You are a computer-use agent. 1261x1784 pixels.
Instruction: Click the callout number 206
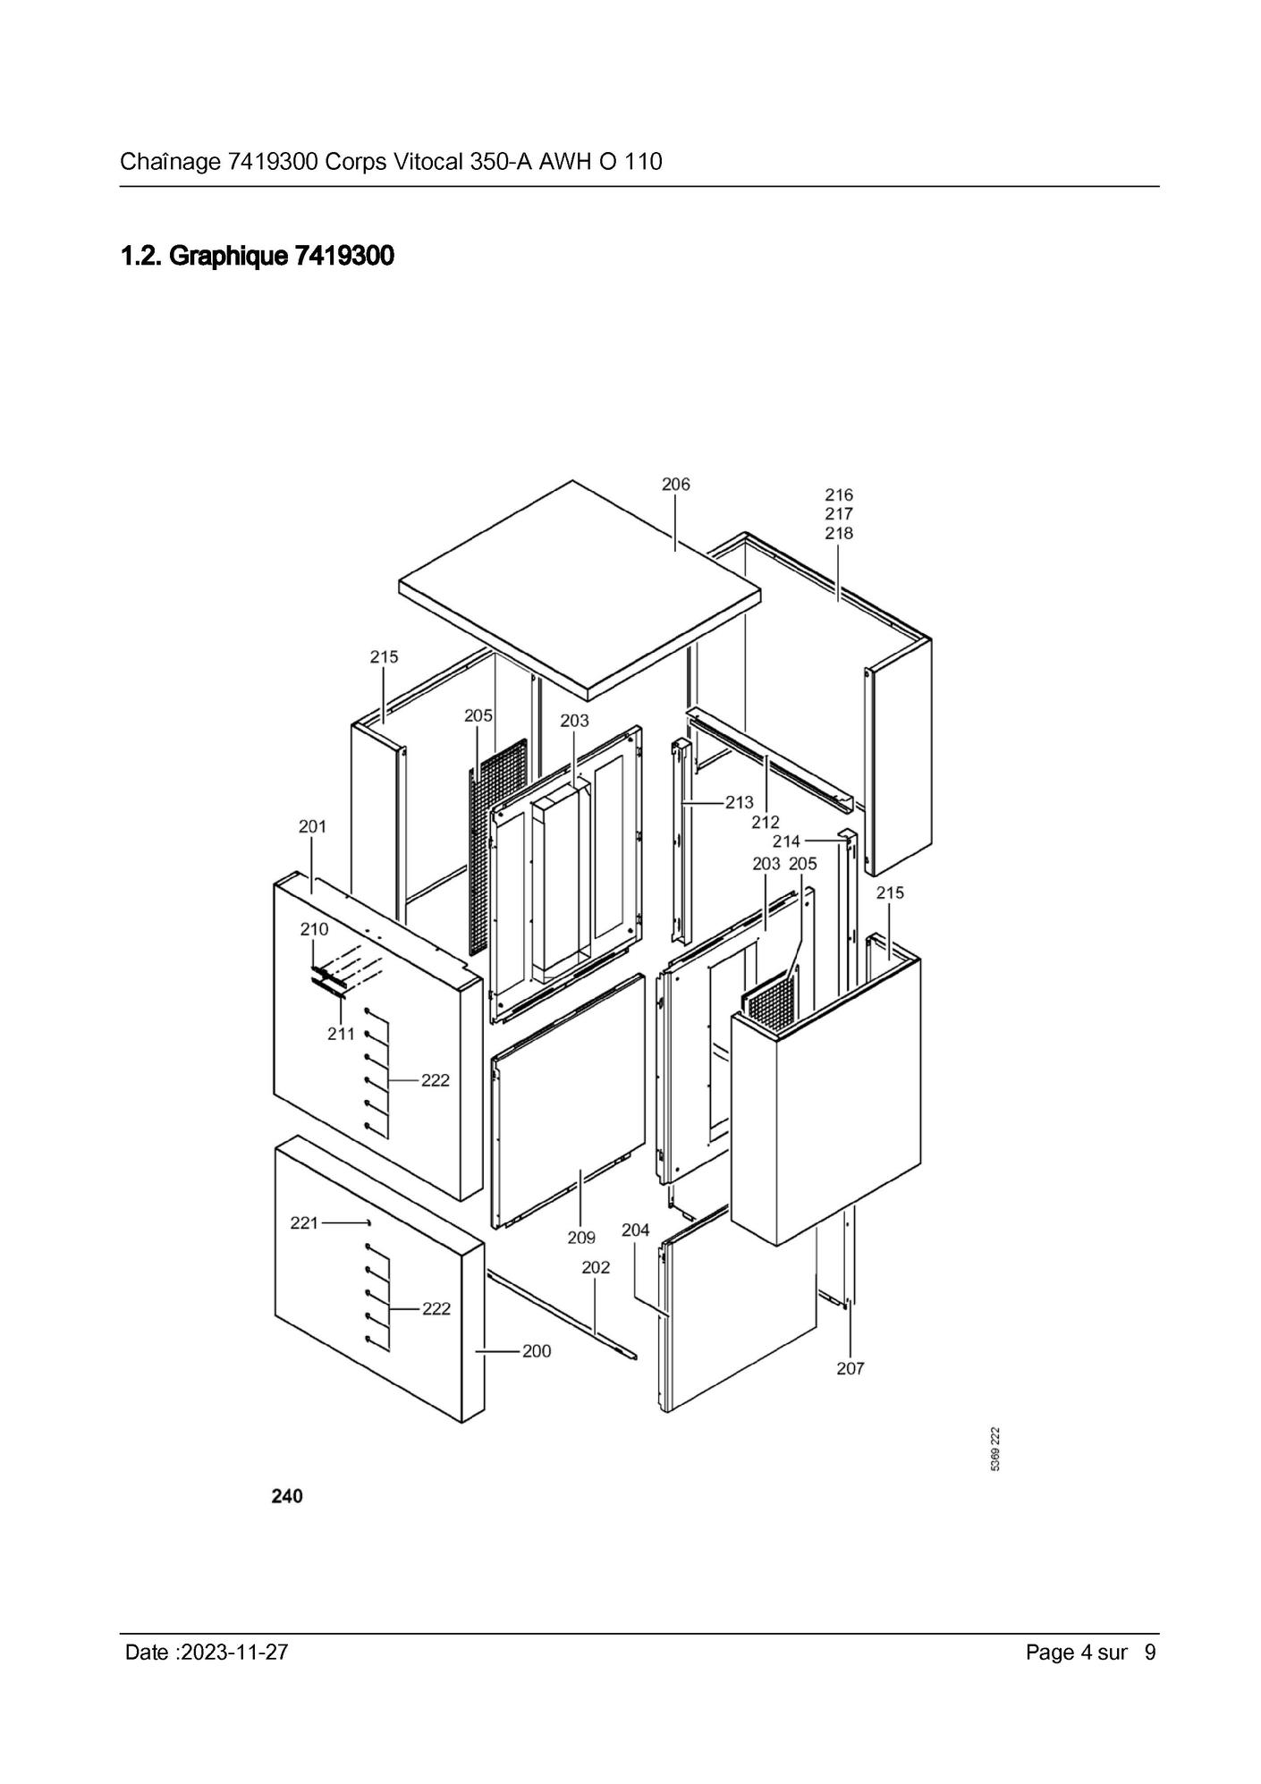pos(675,484)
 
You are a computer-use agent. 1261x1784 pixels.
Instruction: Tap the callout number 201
pos(312,826)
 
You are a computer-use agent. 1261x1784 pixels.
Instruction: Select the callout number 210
pos(314,929)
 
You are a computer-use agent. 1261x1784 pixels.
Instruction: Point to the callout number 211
pos(341,1034)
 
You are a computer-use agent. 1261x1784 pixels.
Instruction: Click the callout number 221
pos(304,1222)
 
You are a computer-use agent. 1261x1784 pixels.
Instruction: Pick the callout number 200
pos(537,1351)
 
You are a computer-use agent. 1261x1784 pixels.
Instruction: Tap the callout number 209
pos(581,1238)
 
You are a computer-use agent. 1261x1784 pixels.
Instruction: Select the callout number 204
pos(635,1230)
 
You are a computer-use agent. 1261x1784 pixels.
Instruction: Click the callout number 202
pos(596,1267)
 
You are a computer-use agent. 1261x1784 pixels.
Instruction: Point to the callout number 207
pos(851,1368)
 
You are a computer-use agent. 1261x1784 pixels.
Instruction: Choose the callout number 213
pos(740,802)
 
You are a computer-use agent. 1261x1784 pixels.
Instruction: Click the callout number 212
pos(766,822)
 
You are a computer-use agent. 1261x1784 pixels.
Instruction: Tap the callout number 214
pos(787,841)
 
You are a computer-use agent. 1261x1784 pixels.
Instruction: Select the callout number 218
pos(839,533)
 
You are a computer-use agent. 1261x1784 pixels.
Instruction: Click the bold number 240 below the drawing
pos(287,1496)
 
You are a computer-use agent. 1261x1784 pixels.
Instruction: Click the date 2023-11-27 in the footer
pos(234,1653)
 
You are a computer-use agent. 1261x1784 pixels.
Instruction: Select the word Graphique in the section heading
pos(228,257)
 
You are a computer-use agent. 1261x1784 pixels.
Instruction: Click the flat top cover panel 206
pos(580,586)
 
